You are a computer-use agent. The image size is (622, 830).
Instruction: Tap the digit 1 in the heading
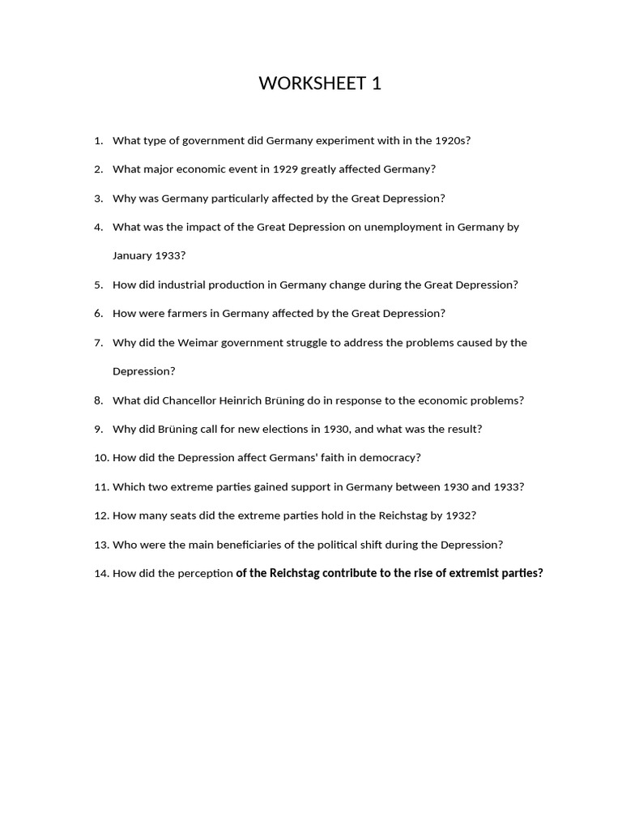(x=377, y=83)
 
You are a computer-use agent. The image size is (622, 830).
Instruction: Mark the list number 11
(x=100, y=487)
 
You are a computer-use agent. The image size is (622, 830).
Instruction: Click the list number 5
(x=98, y=285)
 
